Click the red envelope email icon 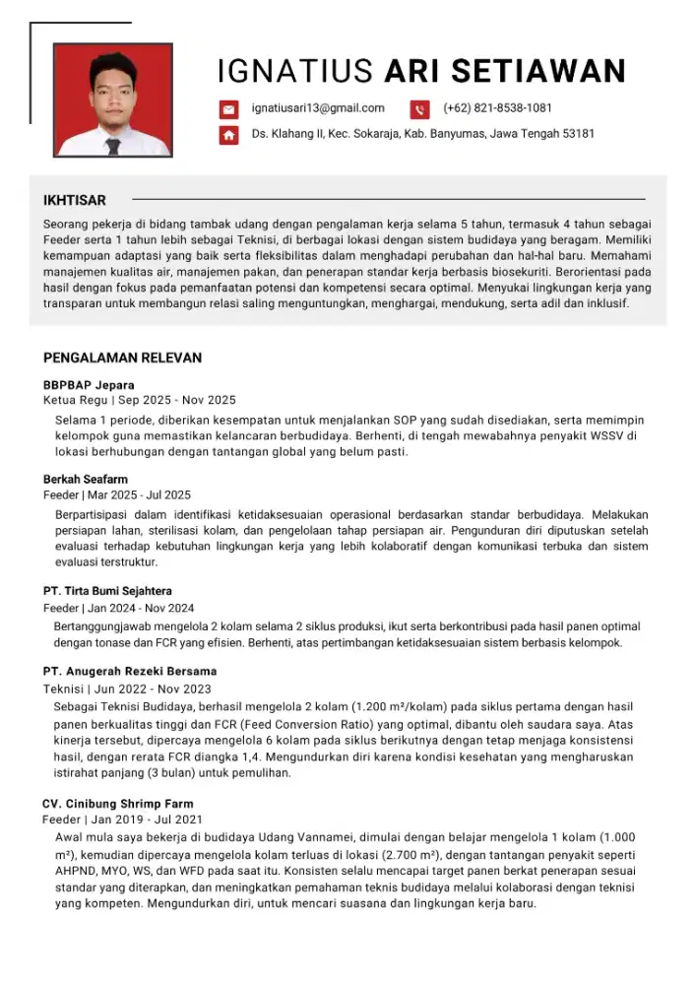coord(228,109)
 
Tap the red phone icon coord(419,109)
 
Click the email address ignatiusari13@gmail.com coord(318,108)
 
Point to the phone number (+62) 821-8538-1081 coord(497,108)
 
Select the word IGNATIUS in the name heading coord(294,71)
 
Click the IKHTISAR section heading coord(75,200)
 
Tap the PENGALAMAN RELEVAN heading coord(122,358)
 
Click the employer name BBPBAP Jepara coord(89,384)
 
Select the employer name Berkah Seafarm coord(86,479)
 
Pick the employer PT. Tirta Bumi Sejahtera coord(107,591)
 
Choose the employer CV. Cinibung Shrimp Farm coord(118,803)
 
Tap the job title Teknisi coord(62,689)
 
